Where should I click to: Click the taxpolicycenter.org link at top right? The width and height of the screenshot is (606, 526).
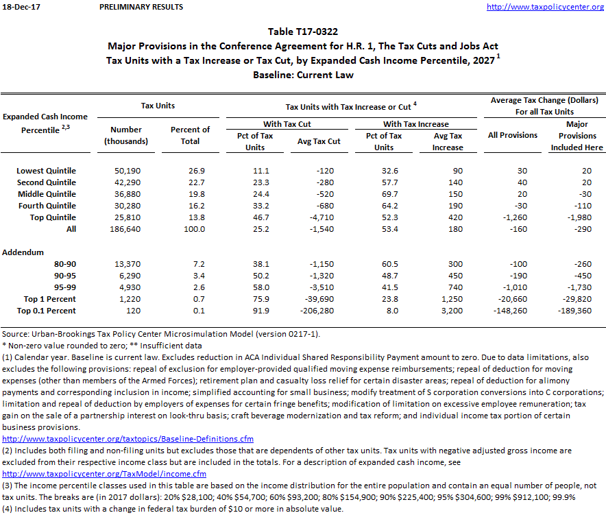[545, 7]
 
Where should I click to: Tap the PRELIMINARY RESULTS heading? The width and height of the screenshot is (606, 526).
[141, 7]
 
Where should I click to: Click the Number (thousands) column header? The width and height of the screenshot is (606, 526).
[125, 135]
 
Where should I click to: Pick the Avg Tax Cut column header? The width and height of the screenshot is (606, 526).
[318, 141]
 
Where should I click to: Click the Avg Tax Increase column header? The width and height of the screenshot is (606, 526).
[448, 141]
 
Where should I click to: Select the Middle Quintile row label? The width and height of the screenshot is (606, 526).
[47, 194]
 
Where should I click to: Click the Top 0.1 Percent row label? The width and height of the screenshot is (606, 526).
[47, 311]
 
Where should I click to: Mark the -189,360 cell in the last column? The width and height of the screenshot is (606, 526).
[577, 311]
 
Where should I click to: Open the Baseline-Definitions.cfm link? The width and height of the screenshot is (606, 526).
[128, 438]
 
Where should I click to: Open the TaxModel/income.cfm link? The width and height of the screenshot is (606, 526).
[104, 473]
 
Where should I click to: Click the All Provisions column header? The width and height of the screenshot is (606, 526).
[512, 135]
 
